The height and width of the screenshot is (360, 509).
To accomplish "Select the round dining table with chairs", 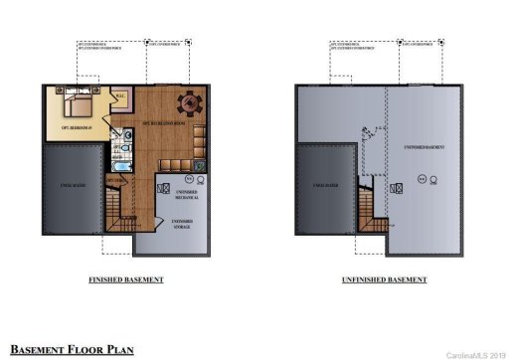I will [x=186, y=102].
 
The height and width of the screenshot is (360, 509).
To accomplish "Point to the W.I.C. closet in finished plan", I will [x=120, y=96].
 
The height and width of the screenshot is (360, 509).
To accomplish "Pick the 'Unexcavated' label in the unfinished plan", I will [x=324, y=185].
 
